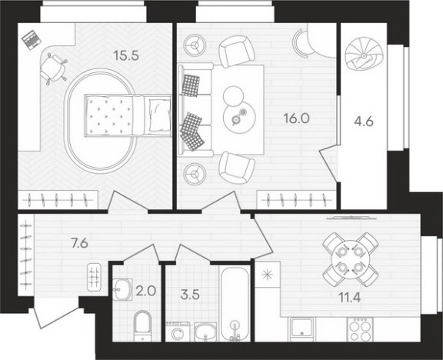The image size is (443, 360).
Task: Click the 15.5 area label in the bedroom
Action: tap(126, 55)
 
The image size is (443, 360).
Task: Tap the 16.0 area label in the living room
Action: tap(297, 118)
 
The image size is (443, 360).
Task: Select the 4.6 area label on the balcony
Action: tap(364, 122)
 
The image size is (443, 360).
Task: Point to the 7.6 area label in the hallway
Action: tap(80, 243)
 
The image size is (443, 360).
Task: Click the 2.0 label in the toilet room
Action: tap(146, 291)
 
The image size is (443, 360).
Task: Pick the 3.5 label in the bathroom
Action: tap(190, 295)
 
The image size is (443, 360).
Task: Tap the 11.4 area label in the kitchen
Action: tap(350, 298)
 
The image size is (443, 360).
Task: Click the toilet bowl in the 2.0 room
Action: tap(142, 325)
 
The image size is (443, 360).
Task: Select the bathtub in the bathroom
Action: tap(235, 304)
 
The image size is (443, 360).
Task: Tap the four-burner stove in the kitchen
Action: tap(360, 329)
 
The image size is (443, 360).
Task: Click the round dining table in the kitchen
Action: tap(350, 259)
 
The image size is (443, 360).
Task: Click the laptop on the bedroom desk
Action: tap(32, 40)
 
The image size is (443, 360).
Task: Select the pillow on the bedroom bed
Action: tap(160, 116)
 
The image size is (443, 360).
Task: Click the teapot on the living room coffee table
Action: tap(235, 120)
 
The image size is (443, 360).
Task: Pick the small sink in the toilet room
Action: tap(123, 288)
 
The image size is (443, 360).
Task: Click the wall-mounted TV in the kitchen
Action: tap(351, 217)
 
